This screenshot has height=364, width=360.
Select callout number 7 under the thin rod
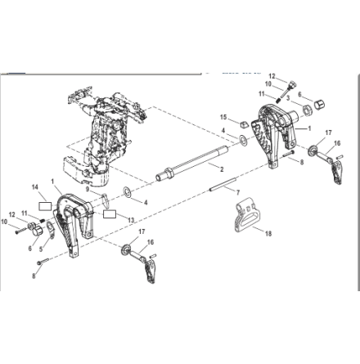coord(238,193)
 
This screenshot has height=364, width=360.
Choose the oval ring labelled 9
coord(106,201)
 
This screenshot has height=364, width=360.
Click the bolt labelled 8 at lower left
coord(43,262)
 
